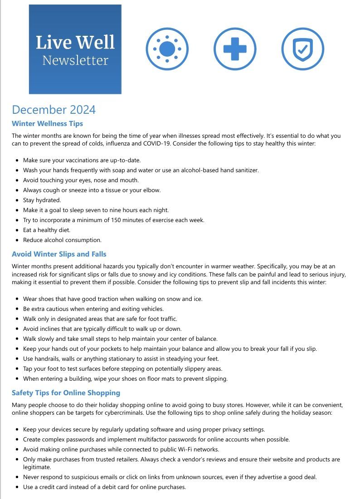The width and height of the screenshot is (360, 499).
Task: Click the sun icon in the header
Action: [x=167, y=49]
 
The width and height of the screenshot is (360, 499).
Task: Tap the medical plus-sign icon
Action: [x=235, y=49]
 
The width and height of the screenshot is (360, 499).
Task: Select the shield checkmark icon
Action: [x=302, y=49]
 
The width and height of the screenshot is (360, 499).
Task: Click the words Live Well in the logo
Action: [x=75, y=43]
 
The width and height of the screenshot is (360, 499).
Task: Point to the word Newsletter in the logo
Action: [x=75, y=60]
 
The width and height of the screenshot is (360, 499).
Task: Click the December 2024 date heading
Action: [x=54, y=110]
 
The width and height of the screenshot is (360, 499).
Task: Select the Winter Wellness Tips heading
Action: [x=47, y=123]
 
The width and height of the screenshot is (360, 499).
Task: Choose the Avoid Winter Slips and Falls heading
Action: [x=59, y=254]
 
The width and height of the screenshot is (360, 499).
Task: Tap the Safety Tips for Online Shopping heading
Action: [x=66, y=392]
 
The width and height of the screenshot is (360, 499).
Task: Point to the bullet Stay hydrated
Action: [x=42, y=200]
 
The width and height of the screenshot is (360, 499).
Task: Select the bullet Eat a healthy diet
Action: [x=47, y=230]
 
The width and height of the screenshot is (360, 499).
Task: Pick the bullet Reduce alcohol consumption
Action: [x=62, y=240]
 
